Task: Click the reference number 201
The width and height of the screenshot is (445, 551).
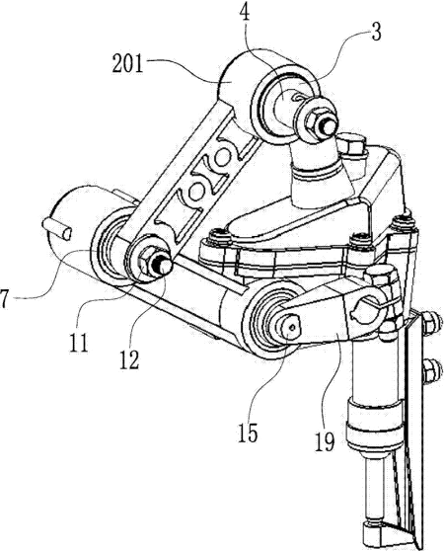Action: (127, 64)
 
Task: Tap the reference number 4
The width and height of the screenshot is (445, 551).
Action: (245, 13)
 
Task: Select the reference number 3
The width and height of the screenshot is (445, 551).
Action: (376, 33)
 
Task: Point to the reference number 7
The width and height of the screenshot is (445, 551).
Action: (3, 299)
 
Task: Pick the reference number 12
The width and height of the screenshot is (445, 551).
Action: (129, 360)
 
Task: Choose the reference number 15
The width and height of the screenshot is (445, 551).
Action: (248, 433)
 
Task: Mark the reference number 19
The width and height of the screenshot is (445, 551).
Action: (324, 442)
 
